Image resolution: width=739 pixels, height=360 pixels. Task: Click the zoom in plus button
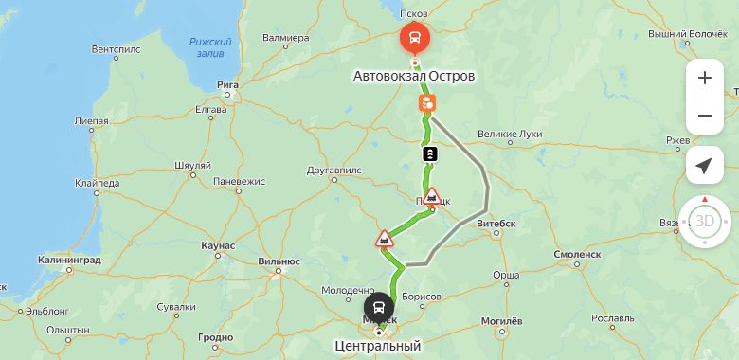[704, 78]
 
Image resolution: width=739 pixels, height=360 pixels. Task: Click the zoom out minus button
[704, 116]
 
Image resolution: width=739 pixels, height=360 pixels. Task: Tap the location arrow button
[704, 166]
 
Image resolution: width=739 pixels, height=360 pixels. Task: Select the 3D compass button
[704, 221]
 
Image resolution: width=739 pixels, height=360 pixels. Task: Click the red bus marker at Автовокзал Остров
[414, 39]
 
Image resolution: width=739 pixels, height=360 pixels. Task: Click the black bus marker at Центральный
[379, 308]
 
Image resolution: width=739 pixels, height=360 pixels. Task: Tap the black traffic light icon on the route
[430, 153]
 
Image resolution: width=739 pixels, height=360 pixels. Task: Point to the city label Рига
[226, 84]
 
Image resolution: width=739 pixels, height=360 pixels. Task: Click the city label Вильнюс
[279, 261]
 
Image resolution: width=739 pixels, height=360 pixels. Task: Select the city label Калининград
[69, 259]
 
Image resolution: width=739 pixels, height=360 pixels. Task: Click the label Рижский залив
[210, 47]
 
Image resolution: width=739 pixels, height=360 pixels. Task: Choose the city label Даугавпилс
[335, 171]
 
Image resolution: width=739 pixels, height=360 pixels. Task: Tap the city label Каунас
[218, 245]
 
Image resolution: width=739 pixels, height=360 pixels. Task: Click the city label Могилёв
[502, 322]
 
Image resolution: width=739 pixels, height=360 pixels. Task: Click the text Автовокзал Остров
[414, 75]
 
